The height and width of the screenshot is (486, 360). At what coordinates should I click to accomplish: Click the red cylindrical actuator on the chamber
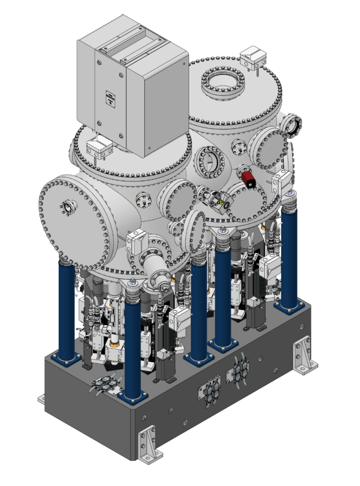247,178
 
